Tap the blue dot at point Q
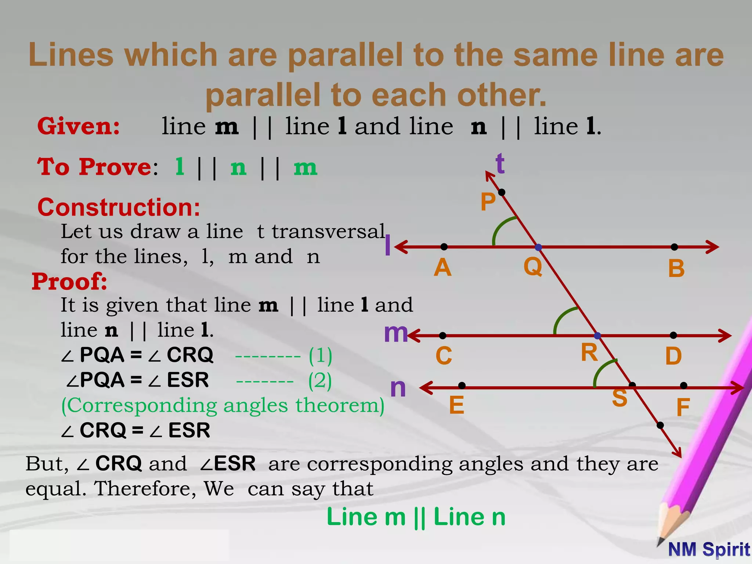tap(538, 247)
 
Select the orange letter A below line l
tap(442, 267)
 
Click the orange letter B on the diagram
tap(676, 268)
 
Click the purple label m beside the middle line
tap(396, 333)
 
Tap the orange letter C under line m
tap(444, 356)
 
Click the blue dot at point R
tap(597, 336)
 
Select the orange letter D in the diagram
tap(674, 356)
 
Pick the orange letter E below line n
tap(456, 405)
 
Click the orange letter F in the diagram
tap(683, 408)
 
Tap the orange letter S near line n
tap(620, 398)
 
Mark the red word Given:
tap(79, 126)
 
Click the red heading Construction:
tap(119, 207)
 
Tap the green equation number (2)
tap(320, 380)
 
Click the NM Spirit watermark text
tap(709, 549)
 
